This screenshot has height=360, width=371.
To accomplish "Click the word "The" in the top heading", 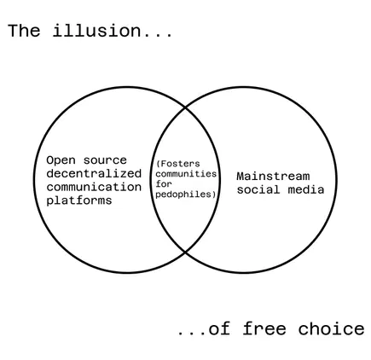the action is pyautogui.click(x=24, y=31).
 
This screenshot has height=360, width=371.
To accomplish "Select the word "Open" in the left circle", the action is pyautogui.click(x=61, y=160).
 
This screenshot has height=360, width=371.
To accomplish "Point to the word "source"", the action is pyautogui.click(x=105, y=160).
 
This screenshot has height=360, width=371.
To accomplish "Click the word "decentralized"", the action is pyautogui.click(x=94, y=173).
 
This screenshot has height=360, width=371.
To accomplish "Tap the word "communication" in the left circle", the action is pyautogui.click(x=94, y=187).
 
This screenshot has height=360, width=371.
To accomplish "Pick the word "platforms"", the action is pyautogui.click(x=79, y=200).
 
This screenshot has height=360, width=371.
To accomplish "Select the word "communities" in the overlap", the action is pyautogui.click(x=186, y=174).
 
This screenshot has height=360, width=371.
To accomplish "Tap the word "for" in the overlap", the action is pyautogui.click(x=164, y=184).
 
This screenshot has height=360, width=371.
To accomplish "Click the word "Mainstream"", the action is pyautogui.click(x=273, y=177).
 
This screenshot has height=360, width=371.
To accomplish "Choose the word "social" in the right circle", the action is pyautogui.click(x=258, y=189).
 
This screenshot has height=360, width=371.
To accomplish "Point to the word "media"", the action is pyautogui.click(x=306, y=189).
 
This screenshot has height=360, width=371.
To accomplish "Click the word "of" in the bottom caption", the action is pyautogui.click(x=219, y=329).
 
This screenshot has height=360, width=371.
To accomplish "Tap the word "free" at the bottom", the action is pyautogui.click(x=264, y=329).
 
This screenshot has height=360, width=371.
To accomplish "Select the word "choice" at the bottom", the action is pyautogui.click(x=331, y=329).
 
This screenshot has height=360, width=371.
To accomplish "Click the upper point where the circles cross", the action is pyautogui.click(x=185, y=107).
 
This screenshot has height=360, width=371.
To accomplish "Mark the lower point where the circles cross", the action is pyautogui.click(x=185, y=252).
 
